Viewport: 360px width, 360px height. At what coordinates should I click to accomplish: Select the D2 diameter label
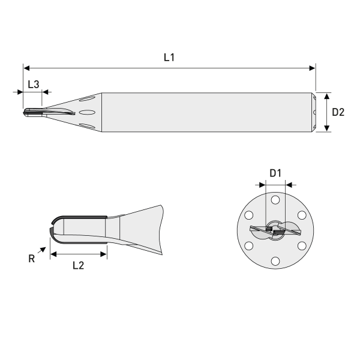(338, 112)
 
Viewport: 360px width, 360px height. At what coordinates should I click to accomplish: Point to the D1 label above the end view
(275, 173)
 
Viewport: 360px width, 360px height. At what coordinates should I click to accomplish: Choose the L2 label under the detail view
(77, 266)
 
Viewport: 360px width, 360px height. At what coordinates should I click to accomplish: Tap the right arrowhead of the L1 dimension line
(312, 68)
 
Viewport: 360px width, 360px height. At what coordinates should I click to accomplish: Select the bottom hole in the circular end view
(275, 260)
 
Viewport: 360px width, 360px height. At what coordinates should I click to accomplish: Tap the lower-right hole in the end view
(302, 245)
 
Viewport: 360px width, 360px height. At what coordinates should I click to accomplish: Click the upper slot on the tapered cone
(88, 98)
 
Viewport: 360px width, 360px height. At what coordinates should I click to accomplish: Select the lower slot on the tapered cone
(88, 125)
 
